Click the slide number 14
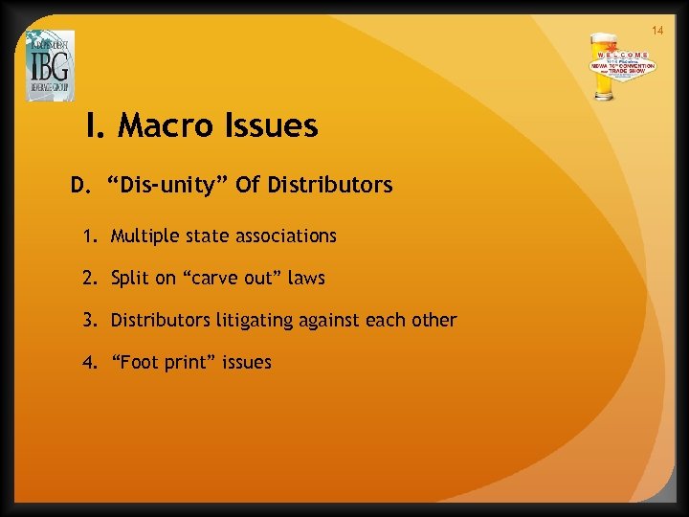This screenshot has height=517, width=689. coord(657,31)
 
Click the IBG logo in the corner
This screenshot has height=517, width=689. coord(50,65)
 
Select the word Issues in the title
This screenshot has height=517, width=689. coord(276,125)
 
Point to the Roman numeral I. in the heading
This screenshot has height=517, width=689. coord(96,125)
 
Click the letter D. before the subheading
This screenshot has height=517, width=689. coord(80,185)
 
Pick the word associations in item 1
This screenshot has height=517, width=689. coord(283,236)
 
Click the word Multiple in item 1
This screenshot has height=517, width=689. coord(141,236)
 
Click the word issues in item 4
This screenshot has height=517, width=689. coord(248,362)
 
